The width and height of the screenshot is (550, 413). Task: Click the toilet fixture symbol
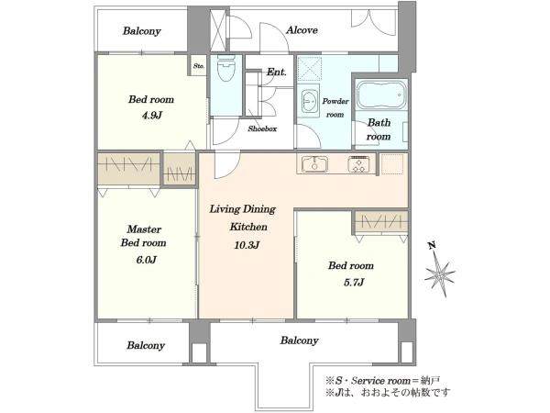pyautogui.click(x=225, y=68)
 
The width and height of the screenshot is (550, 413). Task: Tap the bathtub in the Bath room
pyautogui.click(x=381, y=95)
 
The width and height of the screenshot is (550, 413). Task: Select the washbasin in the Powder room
pyautogui.click(x=310, y=101)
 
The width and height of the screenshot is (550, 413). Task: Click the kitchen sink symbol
pyautogui.click(x=315, y=164)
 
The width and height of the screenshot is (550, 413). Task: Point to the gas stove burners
pyautogui.click(x=358, y=164)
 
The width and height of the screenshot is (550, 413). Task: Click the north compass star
pyautogui.click(x=439, y=274)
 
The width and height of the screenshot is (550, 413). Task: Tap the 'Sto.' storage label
pyautogui.click(x=199, y=66)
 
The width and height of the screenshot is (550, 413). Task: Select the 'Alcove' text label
pyautogui.click(x=302, y=30)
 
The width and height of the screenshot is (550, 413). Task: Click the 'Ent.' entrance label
pyautogui.click(x=277, y=72)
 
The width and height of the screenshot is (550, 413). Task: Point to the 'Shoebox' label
pyautogui.click(x=262, y=128)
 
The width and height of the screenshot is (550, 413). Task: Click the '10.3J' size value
pyautogui.click(x=247, y=245)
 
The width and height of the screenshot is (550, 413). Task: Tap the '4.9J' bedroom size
pyautogui.click(x=152, y=116)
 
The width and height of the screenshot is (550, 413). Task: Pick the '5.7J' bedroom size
pyautogui.click(x=354, y=282)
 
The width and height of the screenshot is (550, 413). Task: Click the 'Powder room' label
pyautogui.click(x=335, y=107)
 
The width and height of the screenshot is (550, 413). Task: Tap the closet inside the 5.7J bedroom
pyautogui.click(x=381, y=221)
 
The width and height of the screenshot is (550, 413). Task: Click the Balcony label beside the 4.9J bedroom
pyautogui.click(x=142, y=31)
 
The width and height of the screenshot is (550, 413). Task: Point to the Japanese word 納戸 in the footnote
pyautogui.click(x=431, y=381)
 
